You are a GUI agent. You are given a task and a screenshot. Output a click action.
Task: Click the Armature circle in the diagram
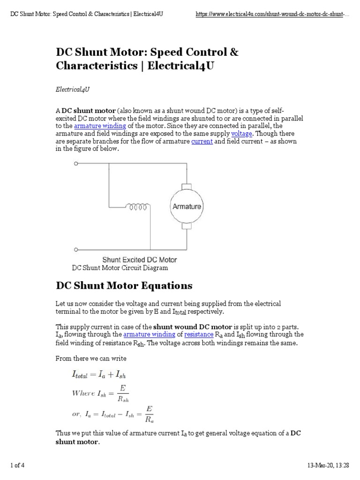[x=187, y=206]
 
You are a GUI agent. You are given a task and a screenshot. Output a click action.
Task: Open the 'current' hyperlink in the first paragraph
[x=202, y=141]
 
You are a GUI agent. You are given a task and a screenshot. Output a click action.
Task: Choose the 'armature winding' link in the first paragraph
[x=100, y=126]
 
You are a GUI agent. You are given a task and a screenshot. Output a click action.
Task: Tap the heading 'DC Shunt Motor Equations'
[x=124, y=285]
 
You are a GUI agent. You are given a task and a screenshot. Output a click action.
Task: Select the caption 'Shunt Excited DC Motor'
[x=139, y=259]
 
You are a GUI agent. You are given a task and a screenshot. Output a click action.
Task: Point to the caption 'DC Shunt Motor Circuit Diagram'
[x=120, y=268]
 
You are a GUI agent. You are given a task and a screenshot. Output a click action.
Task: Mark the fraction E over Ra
[x=149, y=413]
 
